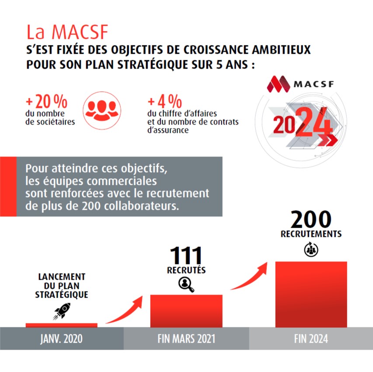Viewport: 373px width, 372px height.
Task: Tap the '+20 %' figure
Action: pos(46,102)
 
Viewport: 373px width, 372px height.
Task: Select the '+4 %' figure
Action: pos(164,102)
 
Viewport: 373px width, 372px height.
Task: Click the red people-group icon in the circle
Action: pos(101,109)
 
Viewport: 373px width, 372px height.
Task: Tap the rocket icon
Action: pos(62,311)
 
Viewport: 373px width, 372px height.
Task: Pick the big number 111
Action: pos(186,256)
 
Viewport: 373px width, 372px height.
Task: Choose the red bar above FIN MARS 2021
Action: pos(186,310)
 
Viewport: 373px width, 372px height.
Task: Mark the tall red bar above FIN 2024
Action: pos(311,294)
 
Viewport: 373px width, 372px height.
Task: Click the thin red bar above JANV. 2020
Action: pos(62,325)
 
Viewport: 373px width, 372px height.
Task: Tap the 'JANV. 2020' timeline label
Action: pos(61,339)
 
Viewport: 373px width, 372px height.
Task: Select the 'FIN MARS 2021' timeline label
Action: pos(186,339)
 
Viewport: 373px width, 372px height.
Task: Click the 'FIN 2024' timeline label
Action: pos(310,339)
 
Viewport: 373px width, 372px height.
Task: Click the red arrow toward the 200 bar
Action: pos(250,277)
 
